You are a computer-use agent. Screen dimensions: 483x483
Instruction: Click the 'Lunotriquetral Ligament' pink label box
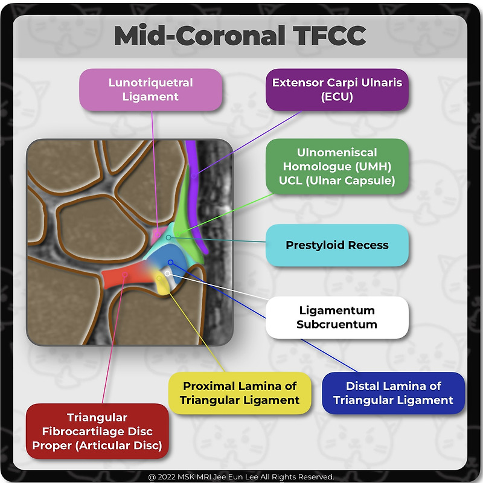151,89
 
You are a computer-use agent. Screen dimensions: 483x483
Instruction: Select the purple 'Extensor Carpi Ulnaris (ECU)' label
337,89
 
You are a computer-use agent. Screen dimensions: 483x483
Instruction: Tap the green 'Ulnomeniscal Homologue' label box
337,167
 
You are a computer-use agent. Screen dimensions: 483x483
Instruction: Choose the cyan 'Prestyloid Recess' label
337,245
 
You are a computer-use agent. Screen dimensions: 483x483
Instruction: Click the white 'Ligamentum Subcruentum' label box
337,317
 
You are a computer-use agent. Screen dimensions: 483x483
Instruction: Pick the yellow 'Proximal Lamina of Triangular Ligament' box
240,392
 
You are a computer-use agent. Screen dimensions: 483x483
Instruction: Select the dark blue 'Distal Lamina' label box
393,392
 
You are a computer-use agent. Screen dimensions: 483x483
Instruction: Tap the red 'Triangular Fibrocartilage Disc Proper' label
97,432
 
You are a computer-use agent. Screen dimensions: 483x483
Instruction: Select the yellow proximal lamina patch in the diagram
161,284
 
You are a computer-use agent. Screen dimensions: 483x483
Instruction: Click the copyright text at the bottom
241,477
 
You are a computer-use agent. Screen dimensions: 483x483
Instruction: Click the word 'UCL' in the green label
292,181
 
